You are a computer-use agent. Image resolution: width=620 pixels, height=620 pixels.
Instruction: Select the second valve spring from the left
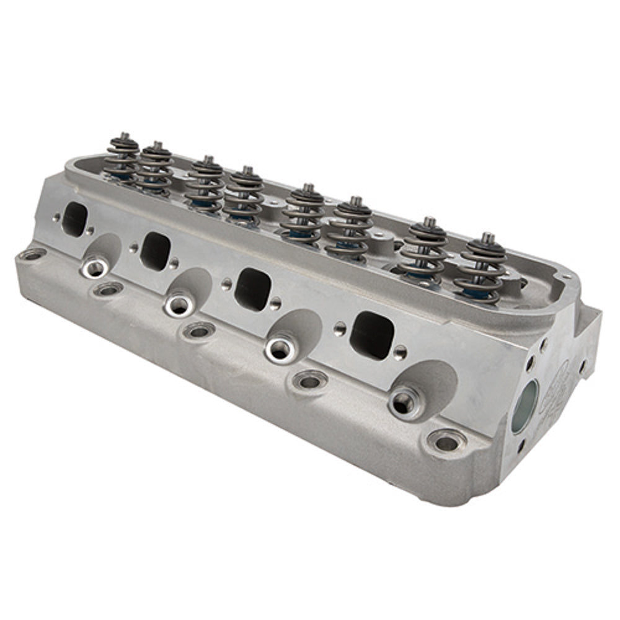tap(155, 169)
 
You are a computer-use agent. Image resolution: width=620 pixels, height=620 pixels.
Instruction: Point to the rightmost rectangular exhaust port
tap(371, 335)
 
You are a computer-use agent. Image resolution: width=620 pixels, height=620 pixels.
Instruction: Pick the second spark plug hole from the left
tap(179, 303)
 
